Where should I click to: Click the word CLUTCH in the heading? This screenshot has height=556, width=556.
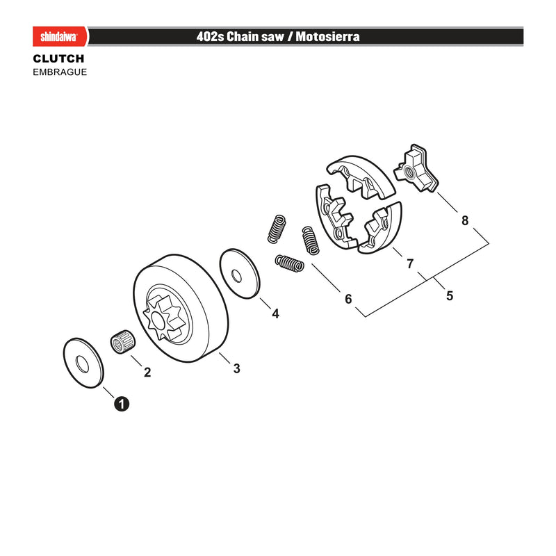[x=58, y=58]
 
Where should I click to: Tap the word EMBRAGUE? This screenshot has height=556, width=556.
[x=60, y=72]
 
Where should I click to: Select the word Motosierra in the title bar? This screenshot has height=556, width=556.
[x=327, y=36]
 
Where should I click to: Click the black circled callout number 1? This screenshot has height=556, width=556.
[x=122, y=404]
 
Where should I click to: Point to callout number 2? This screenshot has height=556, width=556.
[x=147, y=372]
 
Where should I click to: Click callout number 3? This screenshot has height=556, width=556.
[x=236, y=368]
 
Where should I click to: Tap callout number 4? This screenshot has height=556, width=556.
[x=275, y=313]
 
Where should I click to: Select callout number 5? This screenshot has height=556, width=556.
[x=450, y=296]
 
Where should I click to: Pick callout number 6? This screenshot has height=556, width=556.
[x=348, y=299]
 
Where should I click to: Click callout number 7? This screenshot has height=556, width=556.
[x=410, y=264]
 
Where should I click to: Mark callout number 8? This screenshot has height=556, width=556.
[x=465, y=220]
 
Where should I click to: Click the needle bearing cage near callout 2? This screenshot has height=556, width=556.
[x=123, y=341]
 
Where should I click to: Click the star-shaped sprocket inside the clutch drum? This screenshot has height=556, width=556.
[x=163, y=318]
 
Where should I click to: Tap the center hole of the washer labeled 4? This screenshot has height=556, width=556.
[x=236, y=275]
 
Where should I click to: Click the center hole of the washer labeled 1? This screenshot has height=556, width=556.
[x=82, y=363]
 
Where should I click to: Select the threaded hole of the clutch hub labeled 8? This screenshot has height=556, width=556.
[x=409, y=173]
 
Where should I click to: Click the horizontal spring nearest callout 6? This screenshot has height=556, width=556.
[x=289, y=263]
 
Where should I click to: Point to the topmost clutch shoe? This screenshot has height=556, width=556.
[x=361, y=177]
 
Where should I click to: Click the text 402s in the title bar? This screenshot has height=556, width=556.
[x=210, y=36]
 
